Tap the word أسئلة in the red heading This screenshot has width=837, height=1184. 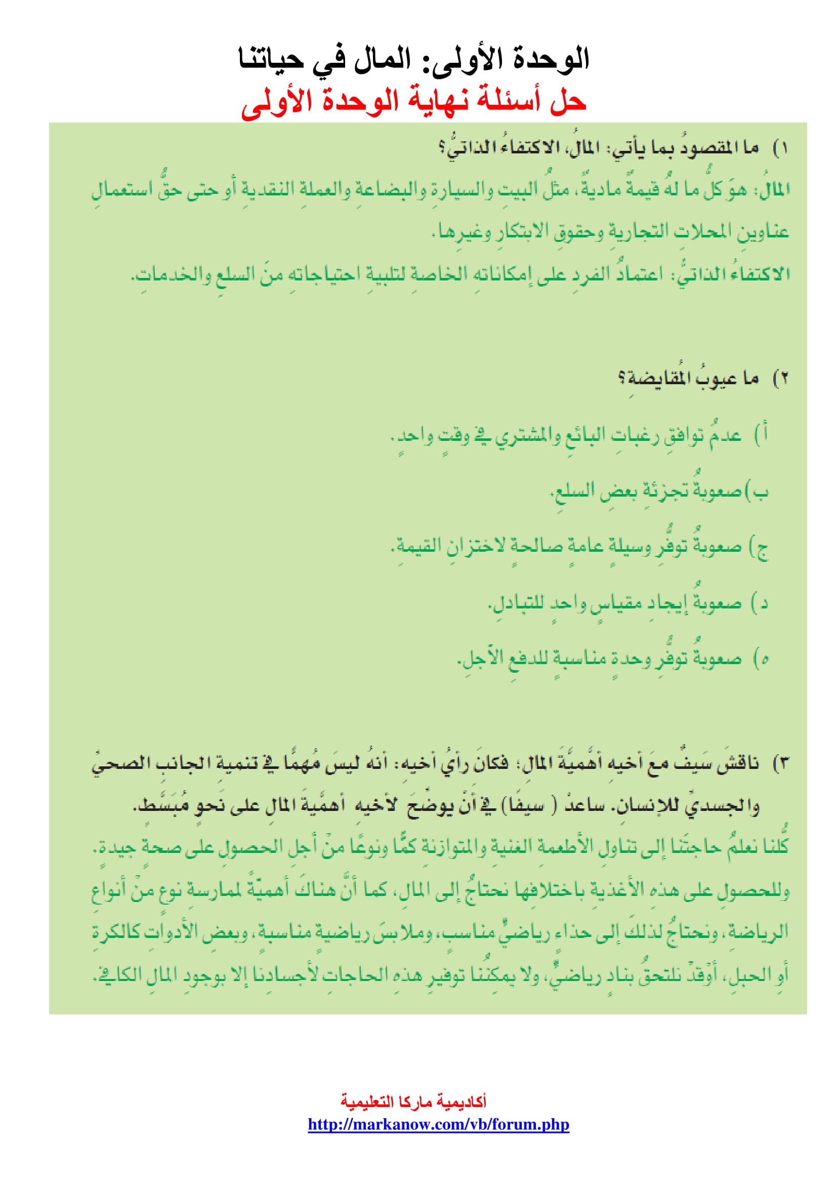pos(508,100)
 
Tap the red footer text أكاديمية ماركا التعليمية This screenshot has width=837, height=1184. pos(413,1101)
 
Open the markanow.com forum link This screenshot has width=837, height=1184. pos(438,1124)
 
